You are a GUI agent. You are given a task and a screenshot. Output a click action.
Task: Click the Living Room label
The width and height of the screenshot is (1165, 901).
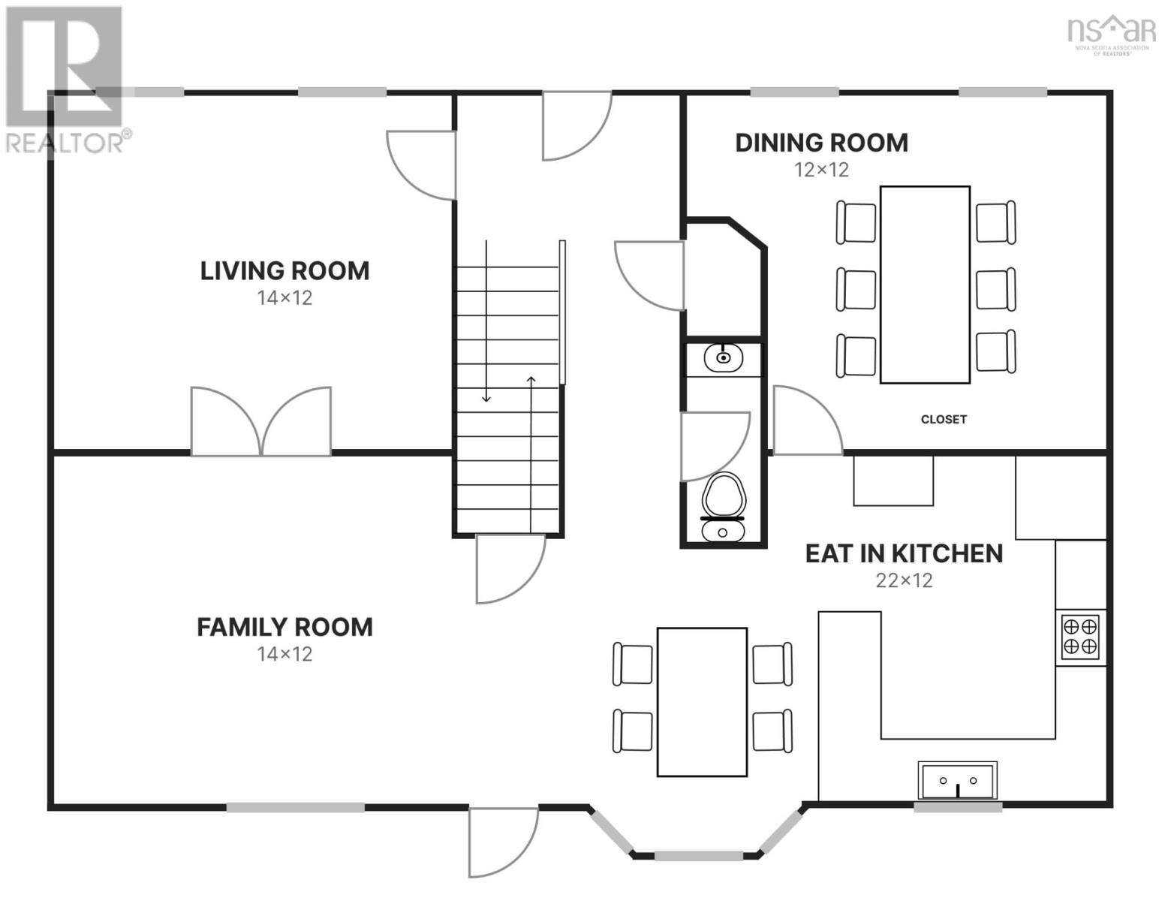point(284,270)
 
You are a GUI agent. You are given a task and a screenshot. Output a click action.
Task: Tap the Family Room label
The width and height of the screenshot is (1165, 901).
point(284,627)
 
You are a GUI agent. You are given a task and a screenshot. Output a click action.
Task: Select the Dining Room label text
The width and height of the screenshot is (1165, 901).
point(821,143)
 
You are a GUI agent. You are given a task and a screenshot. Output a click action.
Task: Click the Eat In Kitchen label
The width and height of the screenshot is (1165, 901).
point(904,553)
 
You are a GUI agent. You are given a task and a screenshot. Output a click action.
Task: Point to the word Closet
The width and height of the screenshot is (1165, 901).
point(944,419)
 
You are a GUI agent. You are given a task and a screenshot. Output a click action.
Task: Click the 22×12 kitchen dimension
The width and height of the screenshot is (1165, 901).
point(904,580)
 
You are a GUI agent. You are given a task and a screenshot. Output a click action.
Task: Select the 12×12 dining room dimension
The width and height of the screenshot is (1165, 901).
point(821,170)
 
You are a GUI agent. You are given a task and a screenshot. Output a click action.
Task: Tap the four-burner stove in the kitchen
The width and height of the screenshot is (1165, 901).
point(1080,637)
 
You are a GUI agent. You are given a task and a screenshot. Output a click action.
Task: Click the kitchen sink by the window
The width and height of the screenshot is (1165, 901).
point(958,781)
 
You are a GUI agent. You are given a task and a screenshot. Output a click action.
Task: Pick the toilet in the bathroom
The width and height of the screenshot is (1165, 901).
point(723,507)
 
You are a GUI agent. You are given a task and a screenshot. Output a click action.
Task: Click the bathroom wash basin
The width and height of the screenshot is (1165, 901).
point(723,357)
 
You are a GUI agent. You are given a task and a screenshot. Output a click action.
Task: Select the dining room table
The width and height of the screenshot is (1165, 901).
point(925,285)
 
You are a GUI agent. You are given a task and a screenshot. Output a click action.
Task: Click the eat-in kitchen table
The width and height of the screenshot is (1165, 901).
point(702,702)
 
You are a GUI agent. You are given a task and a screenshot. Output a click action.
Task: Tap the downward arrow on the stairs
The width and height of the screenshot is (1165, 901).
point(486,321)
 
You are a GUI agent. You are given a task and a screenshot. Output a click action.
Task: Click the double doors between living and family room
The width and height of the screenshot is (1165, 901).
point(261,422)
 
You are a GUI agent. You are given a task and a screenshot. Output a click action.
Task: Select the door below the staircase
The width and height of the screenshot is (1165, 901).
point(510,568)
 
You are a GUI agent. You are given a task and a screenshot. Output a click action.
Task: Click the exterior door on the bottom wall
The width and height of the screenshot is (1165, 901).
point(503,842)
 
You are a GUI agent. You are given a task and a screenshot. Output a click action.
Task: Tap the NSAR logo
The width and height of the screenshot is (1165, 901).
point(1112,35)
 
